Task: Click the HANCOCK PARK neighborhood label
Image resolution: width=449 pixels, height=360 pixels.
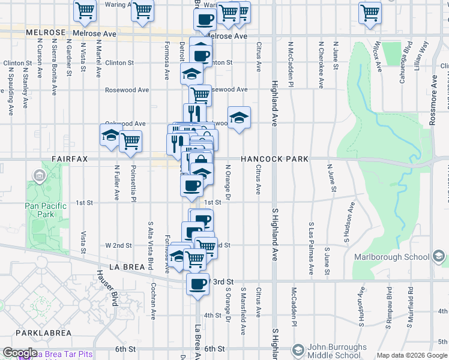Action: coord(275,159)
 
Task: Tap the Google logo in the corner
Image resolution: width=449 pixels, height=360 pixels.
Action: coord(20,353)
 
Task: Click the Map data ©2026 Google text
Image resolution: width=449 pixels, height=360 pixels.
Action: coord(412,355)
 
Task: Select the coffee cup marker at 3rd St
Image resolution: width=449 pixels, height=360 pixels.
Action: coord(197,284)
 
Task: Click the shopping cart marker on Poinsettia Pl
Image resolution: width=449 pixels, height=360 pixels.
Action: coord(130,141)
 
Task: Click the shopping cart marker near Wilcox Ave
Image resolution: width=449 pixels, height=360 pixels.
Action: coord(370,12)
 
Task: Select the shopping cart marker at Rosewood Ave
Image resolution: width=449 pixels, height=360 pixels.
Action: coord(200,94)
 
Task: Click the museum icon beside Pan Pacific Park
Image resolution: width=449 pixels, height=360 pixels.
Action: coord(40,176)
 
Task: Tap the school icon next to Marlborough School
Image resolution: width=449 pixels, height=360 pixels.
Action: coord(439,257)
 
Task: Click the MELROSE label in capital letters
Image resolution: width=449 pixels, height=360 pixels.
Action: coord(46,32)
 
